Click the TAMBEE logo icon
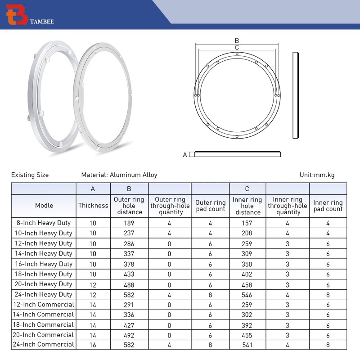[x=17, y=14]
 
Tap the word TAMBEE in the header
[x=42, y=22]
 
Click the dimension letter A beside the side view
[x=185, y=155]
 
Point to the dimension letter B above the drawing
[x=237, y=40]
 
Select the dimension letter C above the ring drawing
[x=237, y=48]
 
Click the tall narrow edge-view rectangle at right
[x=296, y=95]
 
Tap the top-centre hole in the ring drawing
[x=237, y=54]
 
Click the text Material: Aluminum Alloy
[x=119, y=175]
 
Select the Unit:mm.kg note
[x=317, y=175]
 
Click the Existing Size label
[x=30, y=175]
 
